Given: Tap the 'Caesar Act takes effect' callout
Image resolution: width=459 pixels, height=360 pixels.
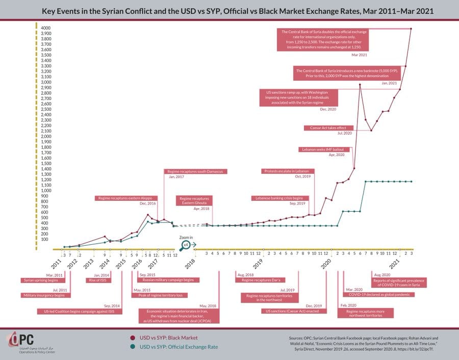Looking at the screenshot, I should (328, 128).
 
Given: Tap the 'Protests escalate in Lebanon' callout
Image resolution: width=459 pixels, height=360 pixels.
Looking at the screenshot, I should (289, 171).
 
